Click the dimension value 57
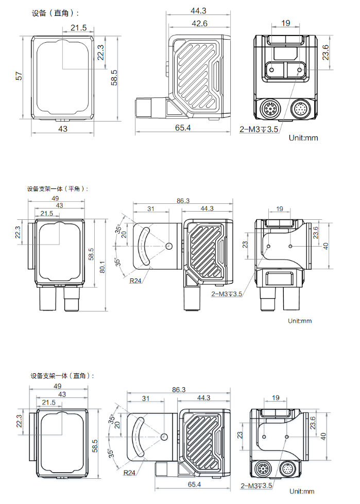click(19, 76)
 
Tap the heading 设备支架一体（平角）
click(58, 188)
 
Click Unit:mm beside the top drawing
click(303, 137)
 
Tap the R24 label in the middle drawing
click(135, 281)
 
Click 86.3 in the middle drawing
click(183, 201)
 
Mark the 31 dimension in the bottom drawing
click(145, 398)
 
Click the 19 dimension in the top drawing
click(286, 23)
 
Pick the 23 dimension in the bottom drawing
click(240, 435)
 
